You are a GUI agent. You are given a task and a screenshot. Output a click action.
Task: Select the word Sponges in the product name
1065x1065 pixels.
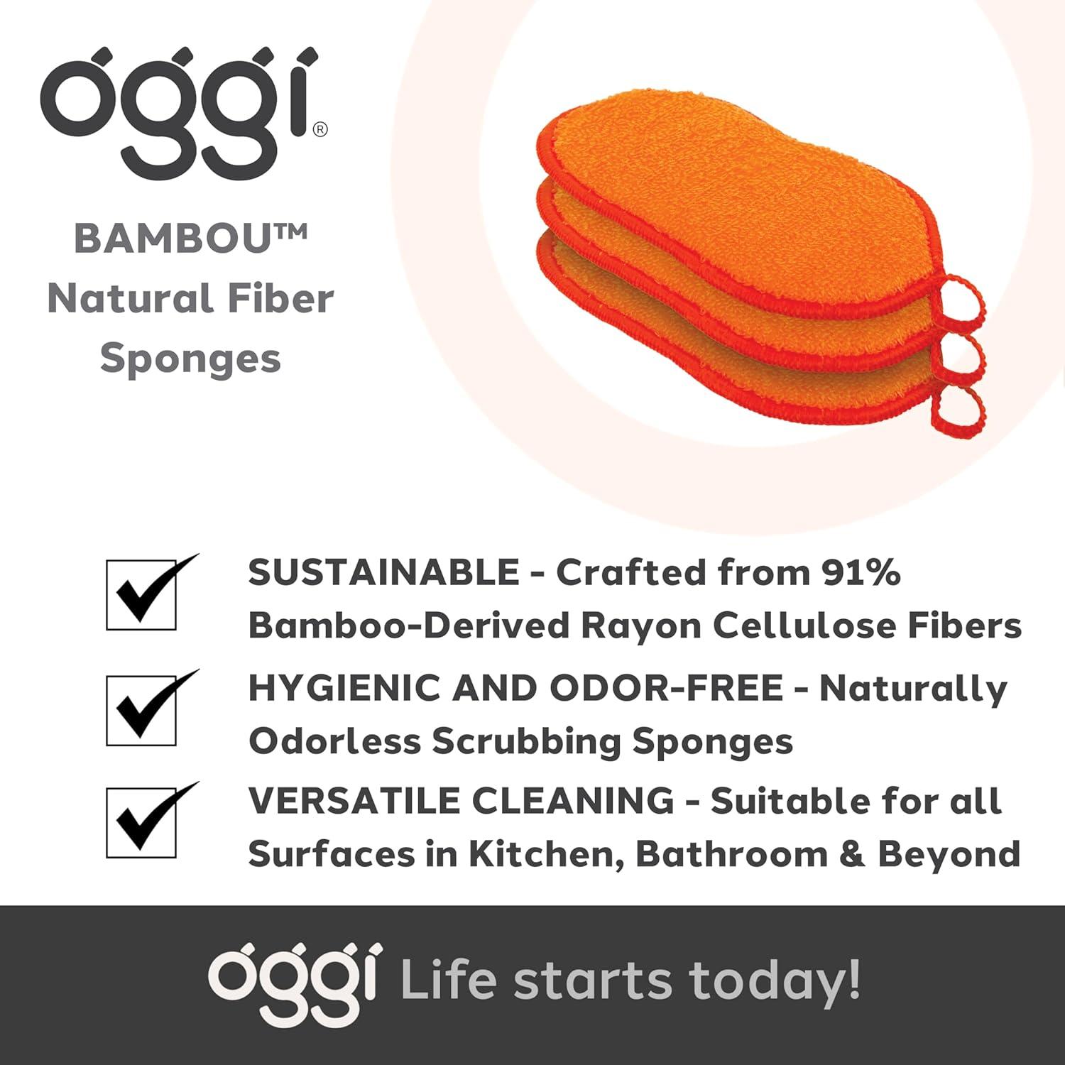pos(190,359)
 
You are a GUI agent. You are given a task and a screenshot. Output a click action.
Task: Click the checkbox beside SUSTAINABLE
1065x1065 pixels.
pos(141,595)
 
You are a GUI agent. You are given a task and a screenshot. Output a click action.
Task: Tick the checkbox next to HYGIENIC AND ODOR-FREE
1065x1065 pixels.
pos(141,710)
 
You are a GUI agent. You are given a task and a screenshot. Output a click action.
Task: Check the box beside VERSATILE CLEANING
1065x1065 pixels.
pos(141,823)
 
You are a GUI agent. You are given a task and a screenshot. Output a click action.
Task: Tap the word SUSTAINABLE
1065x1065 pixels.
pos(384,572)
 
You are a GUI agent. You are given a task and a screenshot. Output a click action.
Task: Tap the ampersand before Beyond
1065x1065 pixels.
pos(852,854)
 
